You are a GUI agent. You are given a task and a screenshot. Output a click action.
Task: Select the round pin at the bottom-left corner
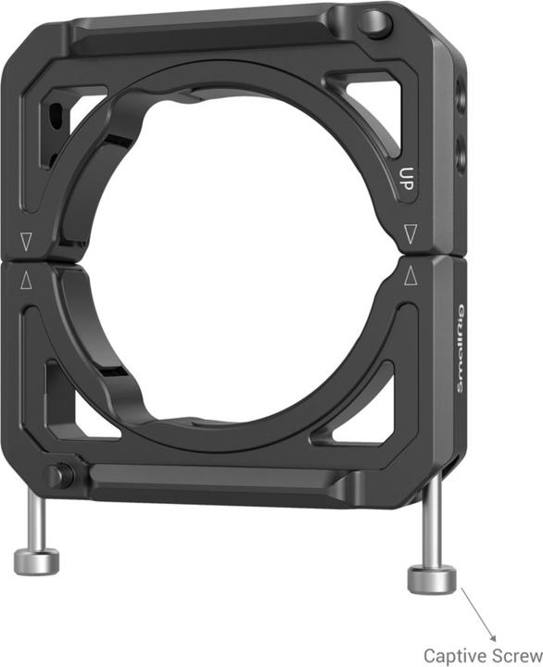tap(60, 476)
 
